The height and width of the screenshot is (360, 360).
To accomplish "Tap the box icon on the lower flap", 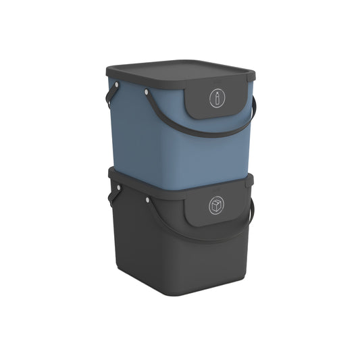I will tap(217, 205).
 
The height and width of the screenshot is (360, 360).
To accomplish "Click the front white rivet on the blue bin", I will tap(147, 96).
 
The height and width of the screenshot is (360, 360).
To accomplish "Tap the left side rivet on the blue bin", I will tap(118, 84).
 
